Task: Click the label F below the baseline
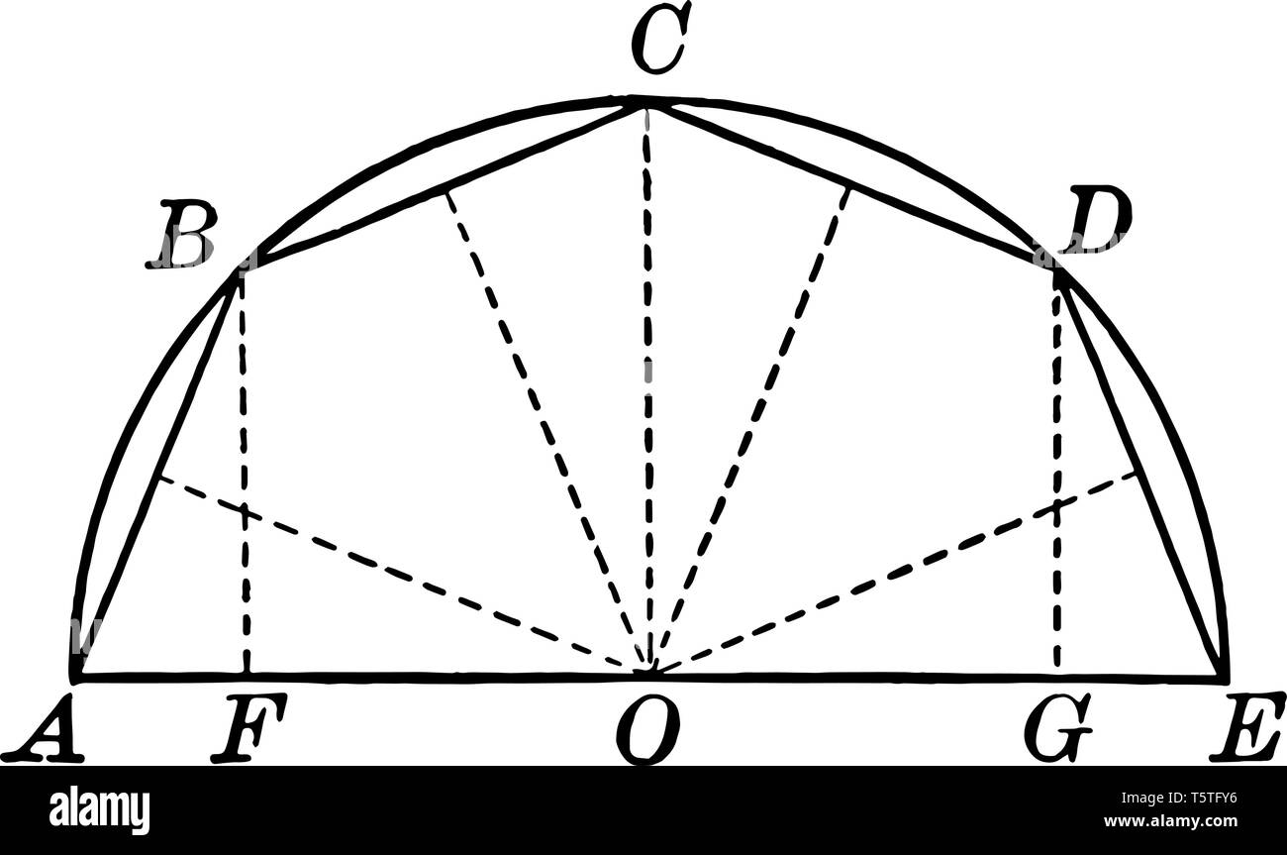coord(247,729)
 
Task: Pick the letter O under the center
coord(647,731)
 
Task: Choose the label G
coord(1057,729)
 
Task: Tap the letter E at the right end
coord(1245,728)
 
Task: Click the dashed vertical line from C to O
coord(647,396)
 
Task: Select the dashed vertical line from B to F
coord(244,476)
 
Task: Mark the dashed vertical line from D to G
coord(1057,476)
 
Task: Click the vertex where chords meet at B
coord(241,270)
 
